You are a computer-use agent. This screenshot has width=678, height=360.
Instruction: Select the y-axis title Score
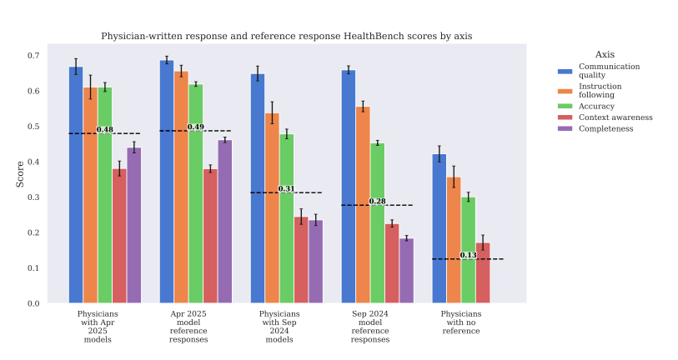pos(20,172)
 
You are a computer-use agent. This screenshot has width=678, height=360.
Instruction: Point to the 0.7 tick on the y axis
pos(33,56)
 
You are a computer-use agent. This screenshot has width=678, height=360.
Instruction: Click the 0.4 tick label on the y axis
pos(33,162)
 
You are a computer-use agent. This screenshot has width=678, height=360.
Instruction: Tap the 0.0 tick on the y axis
pos(33,303)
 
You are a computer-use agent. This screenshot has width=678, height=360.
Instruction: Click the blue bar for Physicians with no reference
pos(439,228)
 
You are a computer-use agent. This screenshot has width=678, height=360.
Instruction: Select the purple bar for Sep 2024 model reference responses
pos(407,270)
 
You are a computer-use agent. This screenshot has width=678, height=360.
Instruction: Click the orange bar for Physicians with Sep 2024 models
pos(272,208)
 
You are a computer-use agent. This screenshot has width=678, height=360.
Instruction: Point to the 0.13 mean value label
pos(468,255)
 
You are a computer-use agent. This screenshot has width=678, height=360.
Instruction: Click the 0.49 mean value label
pos(195,127)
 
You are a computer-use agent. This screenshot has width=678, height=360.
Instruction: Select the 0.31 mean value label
pos(286,189)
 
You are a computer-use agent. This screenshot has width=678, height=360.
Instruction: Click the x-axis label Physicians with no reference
pos(460,322)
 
